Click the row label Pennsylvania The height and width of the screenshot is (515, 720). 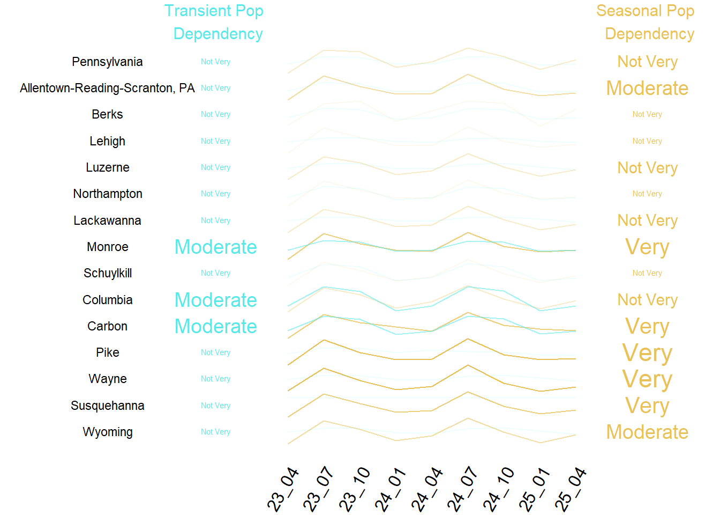coord(107,62)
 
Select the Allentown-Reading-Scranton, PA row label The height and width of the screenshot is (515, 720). coord(107,88)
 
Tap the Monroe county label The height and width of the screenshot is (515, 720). coord(107,247)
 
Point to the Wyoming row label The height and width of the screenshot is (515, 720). coord(107,432)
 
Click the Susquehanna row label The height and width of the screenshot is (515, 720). coord(107,406)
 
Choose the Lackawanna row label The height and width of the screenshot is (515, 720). coord(107,220)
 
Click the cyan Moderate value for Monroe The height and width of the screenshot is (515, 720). coord(215,247)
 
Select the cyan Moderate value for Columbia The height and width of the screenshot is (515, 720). coord(215,300)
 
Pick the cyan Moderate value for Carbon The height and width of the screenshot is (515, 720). coord(215,326)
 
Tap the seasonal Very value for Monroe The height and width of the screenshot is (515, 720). coord(647,247)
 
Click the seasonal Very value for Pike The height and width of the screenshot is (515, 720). coord(647,353)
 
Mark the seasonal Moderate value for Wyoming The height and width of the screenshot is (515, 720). coord(647,432)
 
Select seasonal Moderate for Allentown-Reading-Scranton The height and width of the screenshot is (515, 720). coord(647,88)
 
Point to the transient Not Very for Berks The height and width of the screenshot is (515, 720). coord(215,114)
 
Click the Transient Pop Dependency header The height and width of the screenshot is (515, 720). coord(214,22)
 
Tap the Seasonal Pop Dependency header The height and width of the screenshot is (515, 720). coord(646,22)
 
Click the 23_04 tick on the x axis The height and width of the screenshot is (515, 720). coord(283,489)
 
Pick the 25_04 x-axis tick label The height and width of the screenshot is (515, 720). coord(571,489)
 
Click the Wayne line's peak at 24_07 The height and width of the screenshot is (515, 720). coord(468,365)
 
